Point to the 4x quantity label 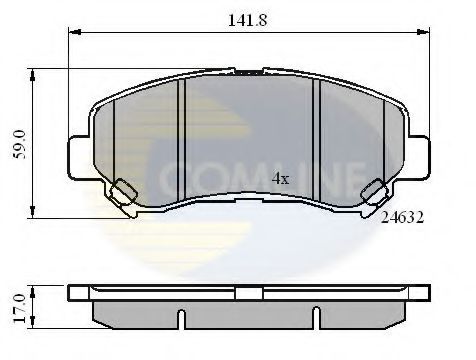tap(281, 180)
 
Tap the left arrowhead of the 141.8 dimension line tap(72, 33)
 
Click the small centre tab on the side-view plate tap(250, 286)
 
